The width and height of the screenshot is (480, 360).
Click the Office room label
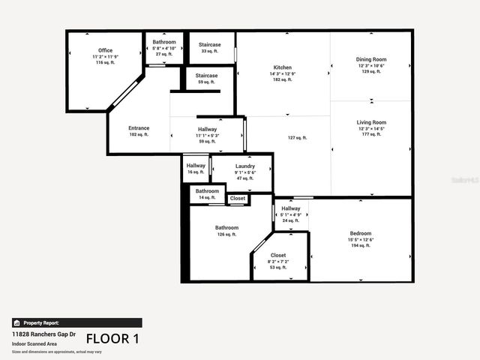point(105,51)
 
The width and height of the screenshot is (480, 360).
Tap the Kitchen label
point(282,67)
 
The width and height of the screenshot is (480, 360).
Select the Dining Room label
point(371,59)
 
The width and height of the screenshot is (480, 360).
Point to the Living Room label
point(371,122)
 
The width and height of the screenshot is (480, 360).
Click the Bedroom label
point(361,233)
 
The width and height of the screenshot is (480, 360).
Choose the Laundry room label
point(245,166)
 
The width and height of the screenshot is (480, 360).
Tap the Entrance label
point(139,128)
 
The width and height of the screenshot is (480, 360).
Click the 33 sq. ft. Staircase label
point(209,45)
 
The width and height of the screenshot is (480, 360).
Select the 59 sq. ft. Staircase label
point(206,76)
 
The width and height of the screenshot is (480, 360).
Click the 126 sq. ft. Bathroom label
point(226,228)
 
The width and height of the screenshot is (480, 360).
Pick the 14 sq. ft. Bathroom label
point(207,191)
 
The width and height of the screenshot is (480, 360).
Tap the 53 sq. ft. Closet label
point(278,256)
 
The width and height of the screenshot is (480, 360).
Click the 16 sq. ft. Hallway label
point(196,166)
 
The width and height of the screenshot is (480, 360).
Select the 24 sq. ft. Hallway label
point(291,208)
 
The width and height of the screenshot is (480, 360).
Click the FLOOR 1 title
point(112,338)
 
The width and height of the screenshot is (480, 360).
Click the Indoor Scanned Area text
point(34,343)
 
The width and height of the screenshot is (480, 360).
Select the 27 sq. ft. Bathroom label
point(163,42)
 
